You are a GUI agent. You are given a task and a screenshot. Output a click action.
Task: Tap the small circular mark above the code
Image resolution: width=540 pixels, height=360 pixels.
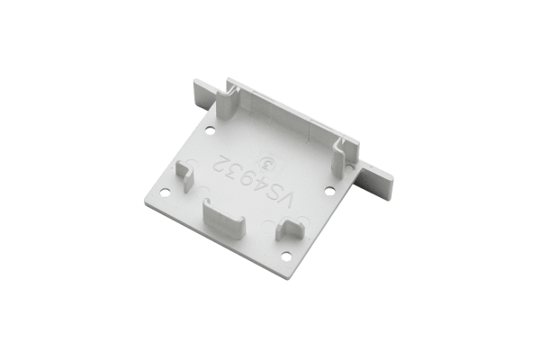pos(266,165)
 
